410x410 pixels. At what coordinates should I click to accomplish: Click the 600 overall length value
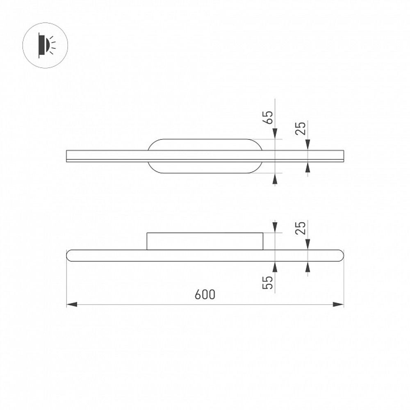[x=205, y=295]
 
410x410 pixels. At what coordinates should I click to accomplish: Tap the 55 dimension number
[x=268, y=282]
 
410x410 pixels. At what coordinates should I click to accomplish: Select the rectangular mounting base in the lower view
[x=205, y=241]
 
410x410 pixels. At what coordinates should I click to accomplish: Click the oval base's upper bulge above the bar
[x=205, y=145]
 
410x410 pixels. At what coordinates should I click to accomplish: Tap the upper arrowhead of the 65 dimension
[x=275, y=134]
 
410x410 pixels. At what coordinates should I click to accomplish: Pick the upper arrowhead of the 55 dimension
[x=275, y=227]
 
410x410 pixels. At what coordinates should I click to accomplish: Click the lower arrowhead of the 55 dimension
[x=275, y=267]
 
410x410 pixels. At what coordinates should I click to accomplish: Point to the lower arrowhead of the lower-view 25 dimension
[x=308, y=267]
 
